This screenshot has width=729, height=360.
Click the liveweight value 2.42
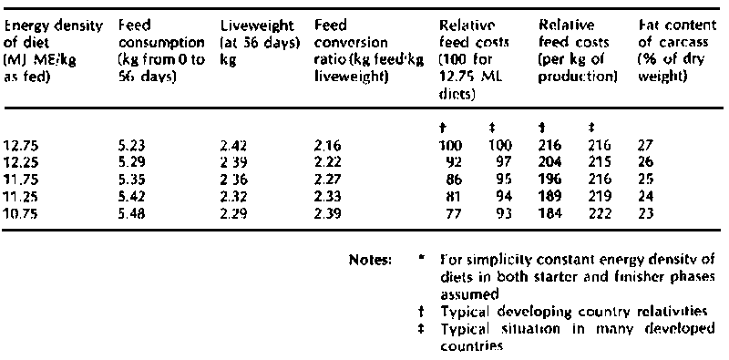click(232, 144)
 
